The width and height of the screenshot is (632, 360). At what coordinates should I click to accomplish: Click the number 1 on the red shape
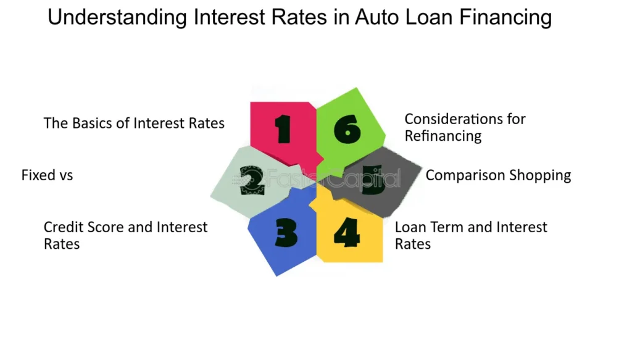click(x=283, y=129)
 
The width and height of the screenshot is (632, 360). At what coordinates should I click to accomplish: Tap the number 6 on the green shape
click(x=347, y=129)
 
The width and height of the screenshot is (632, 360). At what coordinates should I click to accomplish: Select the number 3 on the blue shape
click(x=286, y=232)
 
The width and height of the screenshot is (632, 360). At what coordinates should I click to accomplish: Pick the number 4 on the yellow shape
click(x=347, y=232)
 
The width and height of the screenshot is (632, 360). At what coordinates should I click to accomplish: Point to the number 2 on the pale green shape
click(x=252, y=180)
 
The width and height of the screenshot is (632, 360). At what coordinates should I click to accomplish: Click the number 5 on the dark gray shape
click(x=373, y=180)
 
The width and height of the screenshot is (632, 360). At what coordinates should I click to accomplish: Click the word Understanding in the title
click(x=117, y=18)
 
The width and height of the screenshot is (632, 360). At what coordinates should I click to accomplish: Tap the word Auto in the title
click(x=377, y=17)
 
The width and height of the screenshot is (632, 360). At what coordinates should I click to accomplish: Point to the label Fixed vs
click(x=47, y=175)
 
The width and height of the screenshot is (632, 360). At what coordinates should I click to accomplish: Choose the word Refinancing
click(x=443, y=136)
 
